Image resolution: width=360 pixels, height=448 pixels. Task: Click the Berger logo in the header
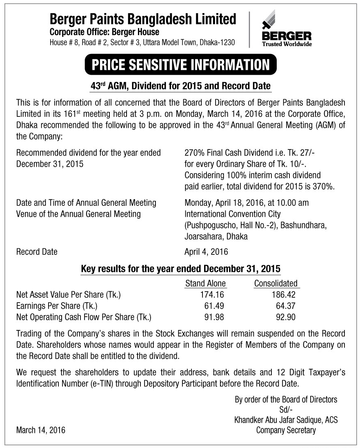pyautogui.click(x=286, y=29)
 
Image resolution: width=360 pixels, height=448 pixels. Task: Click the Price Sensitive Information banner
pyautogui.click(x=180, y=65)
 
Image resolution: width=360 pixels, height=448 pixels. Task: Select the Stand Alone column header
pyautogui.click(x=205, y=283)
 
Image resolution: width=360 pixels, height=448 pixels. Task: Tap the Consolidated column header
pyautogui.click(x=276, y=283)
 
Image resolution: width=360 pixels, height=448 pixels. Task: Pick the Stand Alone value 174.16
pyautogui.click(x=210, y=294)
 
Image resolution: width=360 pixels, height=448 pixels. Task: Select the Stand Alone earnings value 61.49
pyautogui.click(x=214, y=305)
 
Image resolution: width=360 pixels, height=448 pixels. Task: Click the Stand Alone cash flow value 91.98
pyautogui.click(x=214, y=317)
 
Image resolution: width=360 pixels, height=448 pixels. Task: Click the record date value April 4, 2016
pyautogui.click(x=206, y=252)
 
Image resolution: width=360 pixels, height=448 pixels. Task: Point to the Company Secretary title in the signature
pyautogui.click(x=286, y=430)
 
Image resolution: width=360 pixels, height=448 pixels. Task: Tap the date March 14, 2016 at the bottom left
pyautogui.click(x=40, y=430)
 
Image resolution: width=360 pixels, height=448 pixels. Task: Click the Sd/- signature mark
pyautogui.click(x=286, y=410)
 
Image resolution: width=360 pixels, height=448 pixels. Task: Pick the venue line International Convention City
pyautogui.click(x=233, y=214)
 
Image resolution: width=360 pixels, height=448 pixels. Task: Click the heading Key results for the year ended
pyautogui.click(x=180, y=269)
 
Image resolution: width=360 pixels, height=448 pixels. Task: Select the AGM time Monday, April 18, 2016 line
pyautogui.click(x=247, y=203)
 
